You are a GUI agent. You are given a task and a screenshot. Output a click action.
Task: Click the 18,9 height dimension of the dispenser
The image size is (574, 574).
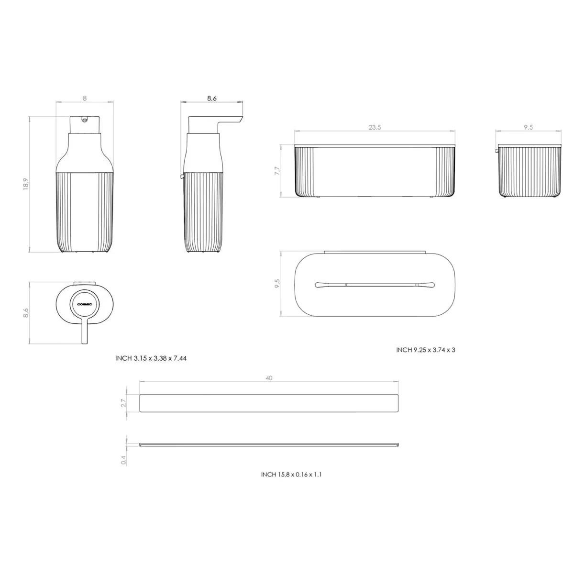point(26,184)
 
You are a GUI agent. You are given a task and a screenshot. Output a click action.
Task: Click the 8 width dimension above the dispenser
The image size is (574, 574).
point(85,99)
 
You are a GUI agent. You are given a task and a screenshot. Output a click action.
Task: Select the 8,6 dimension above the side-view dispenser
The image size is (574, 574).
point(212,99)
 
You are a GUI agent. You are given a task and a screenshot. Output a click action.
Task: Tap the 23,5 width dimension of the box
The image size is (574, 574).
point(375,127)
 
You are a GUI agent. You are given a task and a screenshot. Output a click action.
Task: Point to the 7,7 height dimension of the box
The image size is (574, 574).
point(277,171)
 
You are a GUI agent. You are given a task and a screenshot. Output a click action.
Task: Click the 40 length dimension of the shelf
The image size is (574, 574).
point(269,378)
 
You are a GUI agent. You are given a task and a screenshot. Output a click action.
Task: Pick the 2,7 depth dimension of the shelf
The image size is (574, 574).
point(123,403)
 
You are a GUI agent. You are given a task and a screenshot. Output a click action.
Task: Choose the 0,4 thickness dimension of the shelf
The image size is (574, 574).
point(123,460)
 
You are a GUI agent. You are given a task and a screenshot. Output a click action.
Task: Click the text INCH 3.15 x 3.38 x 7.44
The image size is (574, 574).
point(151,358)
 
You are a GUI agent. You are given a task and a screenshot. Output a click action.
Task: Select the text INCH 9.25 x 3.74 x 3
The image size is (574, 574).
point(425,350)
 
